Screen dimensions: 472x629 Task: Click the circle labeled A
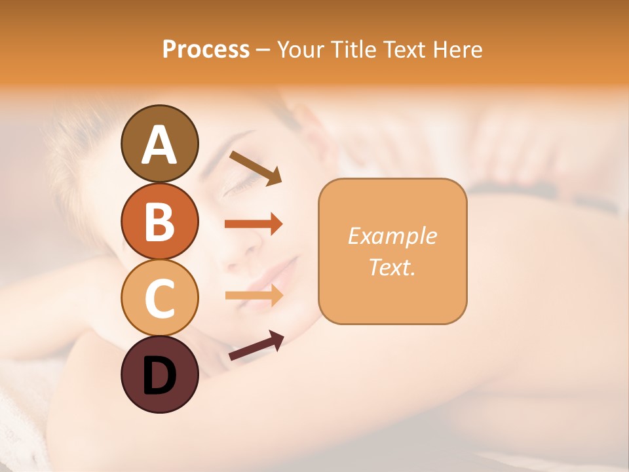[x=159, y=144]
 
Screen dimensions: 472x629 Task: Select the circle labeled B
[x=159, y=221]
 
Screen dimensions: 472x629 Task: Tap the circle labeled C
[x=159, y=298]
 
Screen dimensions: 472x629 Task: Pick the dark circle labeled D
[x=159, y=374]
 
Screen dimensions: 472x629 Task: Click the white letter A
[x=159, y=145]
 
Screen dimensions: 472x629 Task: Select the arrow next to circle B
[x=254, y=224]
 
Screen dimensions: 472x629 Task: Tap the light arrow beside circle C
[x=254, y=296]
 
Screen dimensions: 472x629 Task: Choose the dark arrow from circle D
[x=256, y=345]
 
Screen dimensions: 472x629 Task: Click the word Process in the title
[x=206, y=49]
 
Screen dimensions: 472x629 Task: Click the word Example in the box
[x=392, y=236]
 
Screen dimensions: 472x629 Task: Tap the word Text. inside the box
[x=392, y=267]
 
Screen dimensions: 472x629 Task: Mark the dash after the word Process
[x=263, y=50]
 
